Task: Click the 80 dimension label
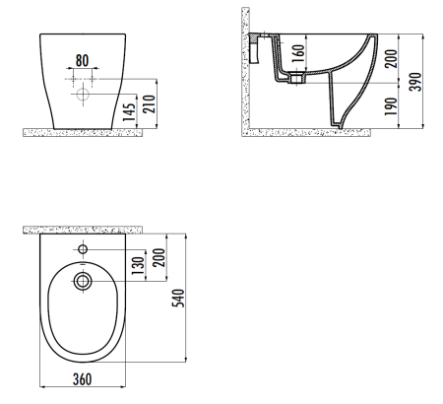(82, 60)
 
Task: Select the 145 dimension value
(129, 111)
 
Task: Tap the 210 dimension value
(149, 103)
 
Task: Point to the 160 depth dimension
(298, 54)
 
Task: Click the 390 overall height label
(415, 82)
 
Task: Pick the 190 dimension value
(391, 106)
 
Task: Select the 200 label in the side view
(391, 58)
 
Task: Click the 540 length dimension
(178, 298)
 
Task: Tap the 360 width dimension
(82, 379)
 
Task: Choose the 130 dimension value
(139, 266)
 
